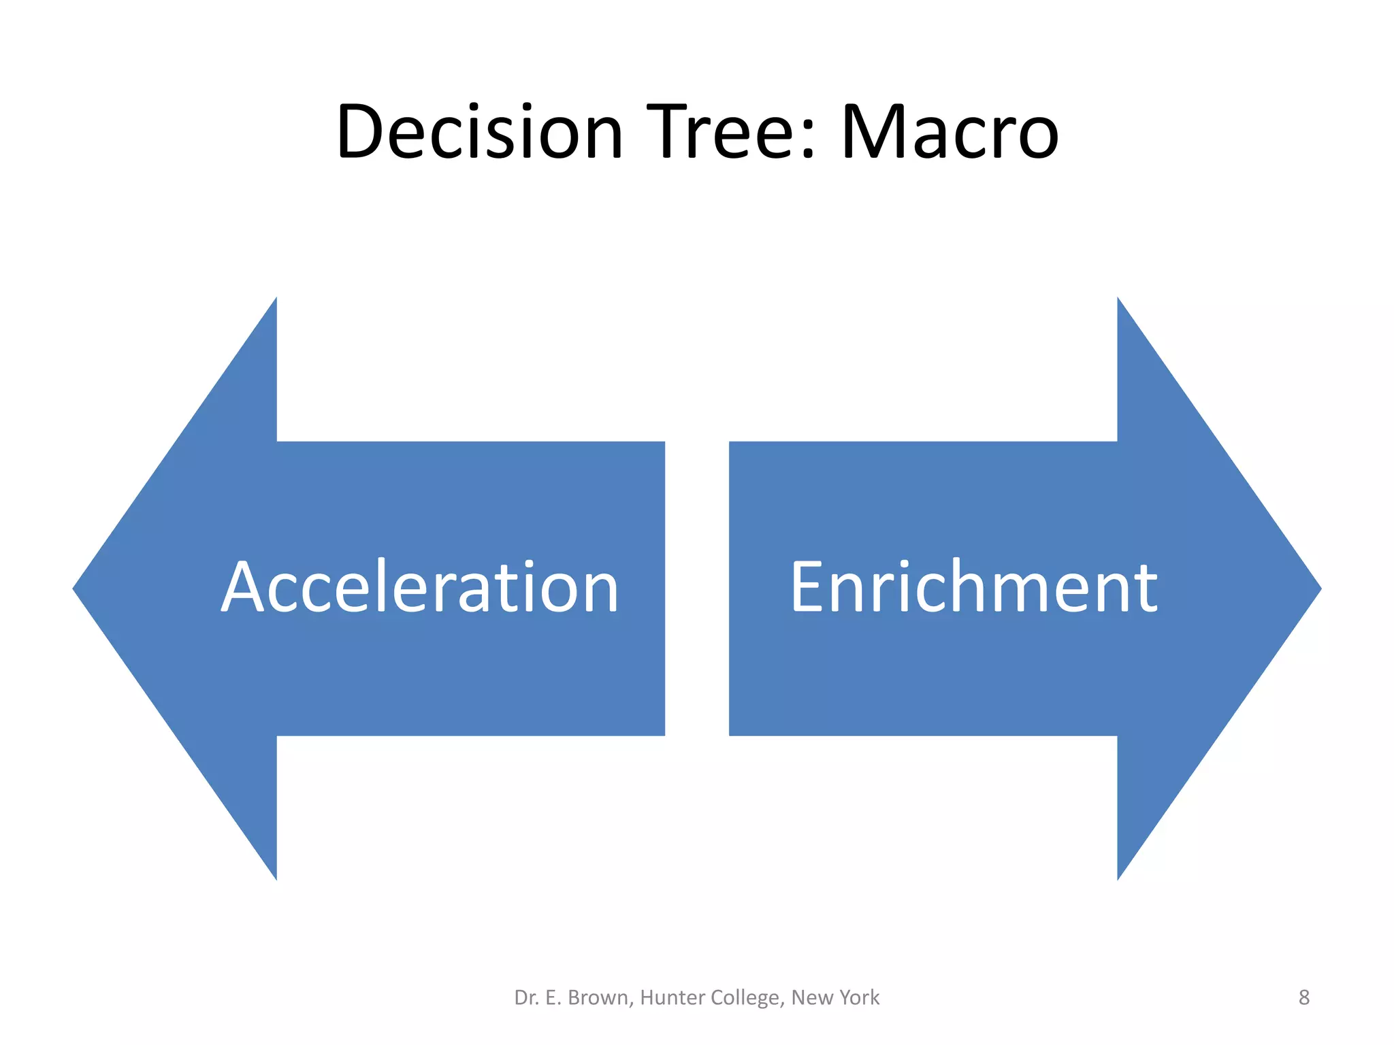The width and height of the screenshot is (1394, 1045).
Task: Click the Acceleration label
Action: tap(420, 587)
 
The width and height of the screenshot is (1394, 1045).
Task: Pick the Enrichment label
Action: tap(973, 587)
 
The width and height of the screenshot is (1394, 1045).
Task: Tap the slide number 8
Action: tap(1303, 997)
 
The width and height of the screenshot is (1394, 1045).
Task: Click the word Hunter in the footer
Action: tap(671, 997)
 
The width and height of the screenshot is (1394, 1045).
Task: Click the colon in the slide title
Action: tap(808, 139)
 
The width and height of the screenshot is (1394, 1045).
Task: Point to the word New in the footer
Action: tap(811, 997)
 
